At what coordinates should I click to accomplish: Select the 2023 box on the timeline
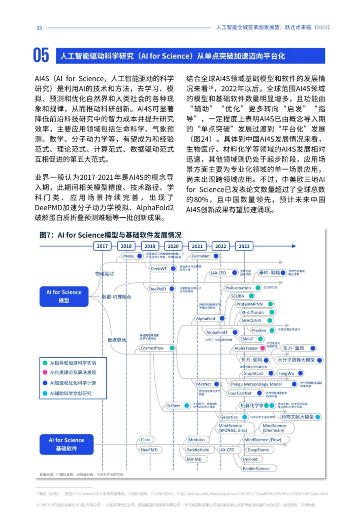point(244,246)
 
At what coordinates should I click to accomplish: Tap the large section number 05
point(41,56)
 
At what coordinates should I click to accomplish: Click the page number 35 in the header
point(39,27)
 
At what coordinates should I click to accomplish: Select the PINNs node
point(128,257)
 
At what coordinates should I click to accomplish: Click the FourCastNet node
point(240,393)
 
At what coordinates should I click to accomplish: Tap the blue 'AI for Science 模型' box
point(63,296)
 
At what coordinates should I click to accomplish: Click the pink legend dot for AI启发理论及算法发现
point(45,372)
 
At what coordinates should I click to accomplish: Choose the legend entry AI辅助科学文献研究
point(70,393)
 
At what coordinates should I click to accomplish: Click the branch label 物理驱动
point(105,273)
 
